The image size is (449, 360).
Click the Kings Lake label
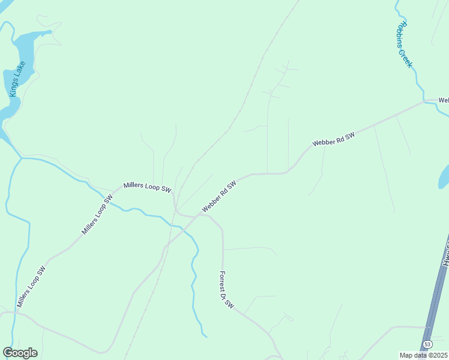[17, 79]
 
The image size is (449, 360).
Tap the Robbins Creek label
[404, 44]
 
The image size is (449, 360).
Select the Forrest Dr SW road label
[226, 290]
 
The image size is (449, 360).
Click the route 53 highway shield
[427, 344]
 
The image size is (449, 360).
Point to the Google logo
[20, 353]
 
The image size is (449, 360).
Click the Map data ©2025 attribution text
[424, 355]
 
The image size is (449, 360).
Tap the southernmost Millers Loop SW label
[31, 287]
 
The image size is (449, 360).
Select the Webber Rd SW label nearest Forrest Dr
[219, 197]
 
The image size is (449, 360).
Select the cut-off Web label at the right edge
[444, 100]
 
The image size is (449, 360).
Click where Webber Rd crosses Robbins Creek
[425, 102]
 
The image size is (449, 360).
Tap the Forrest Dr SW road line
[223, 252]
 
